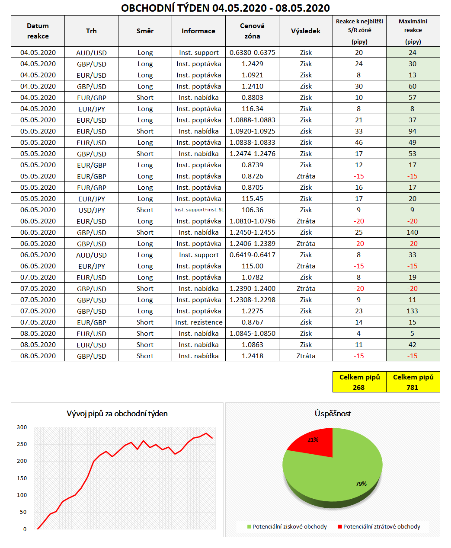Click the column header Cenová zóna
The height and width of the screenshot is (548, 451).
click(x=252, y=31)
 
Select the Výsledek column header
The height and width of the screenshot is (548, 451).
click(x=306, y=31)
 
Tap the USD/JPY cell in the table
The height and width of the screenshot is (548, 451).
click(x=91, y=210)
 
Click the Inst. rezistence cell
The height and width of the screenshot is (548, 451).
click(x=198, y=322)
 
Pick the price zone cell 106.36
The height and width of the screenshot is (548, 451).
click(x=252, y=210)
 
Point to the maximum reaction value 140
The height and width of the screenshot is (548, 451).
click(x=413, y=233)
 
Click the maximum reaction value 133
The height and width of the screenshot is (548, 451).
click(x=413, y=311)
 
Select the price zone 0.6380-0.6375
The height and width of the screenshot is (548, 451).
click(x=252, y=53)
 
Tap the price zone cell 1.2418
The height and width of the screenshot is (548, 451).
click(x=252, y=356)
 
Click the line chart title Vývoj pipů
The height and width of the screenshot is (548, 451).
click(x=117, y=414)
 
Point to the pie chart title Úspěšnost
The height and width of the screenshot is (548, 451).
click(x=333, y=414)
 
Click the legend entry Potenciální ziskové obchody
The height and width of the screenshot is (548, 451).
click(x=289, y=527)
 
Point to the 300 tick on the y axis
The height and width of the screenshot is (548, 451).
click(x=22, y=427)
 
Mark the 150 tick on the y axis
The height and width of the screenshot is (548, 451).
click(x=22, y=478)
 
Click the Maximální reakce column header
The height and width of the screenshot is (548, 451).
click(x=413, y=31)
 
